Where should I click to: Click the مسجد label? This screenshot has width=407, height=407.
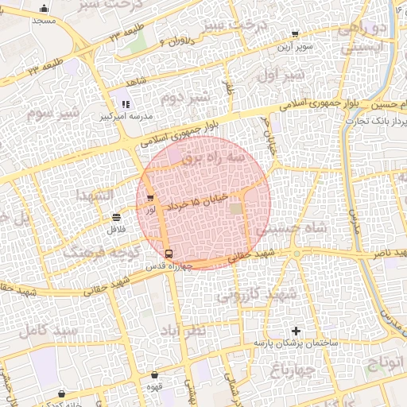pos(44,20)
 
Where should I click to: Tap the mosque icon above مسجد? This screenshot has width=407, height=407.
pos(44,8)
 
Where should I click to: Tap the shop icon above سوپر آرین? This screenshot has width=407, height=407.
pos(295,35)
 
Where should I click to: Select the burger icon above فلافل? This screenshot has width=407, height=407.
pos(117,217)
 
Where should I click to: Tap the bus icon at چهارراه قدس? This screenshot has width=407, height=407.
pos(169,254)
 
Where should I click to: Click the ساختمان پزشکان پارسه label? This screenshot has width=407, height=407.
pos(297,343)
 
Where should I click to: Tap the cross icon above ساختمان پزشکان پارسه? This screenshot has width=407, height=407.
pos(297,331)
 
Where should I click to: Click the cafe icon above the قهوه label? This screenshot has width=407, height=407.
pos(153,375)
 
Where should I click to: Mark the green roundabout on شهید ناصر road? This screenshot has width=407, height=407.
pos(296,254)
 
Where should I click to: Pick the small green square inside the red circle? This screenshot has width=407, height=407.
pos(235,208)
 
